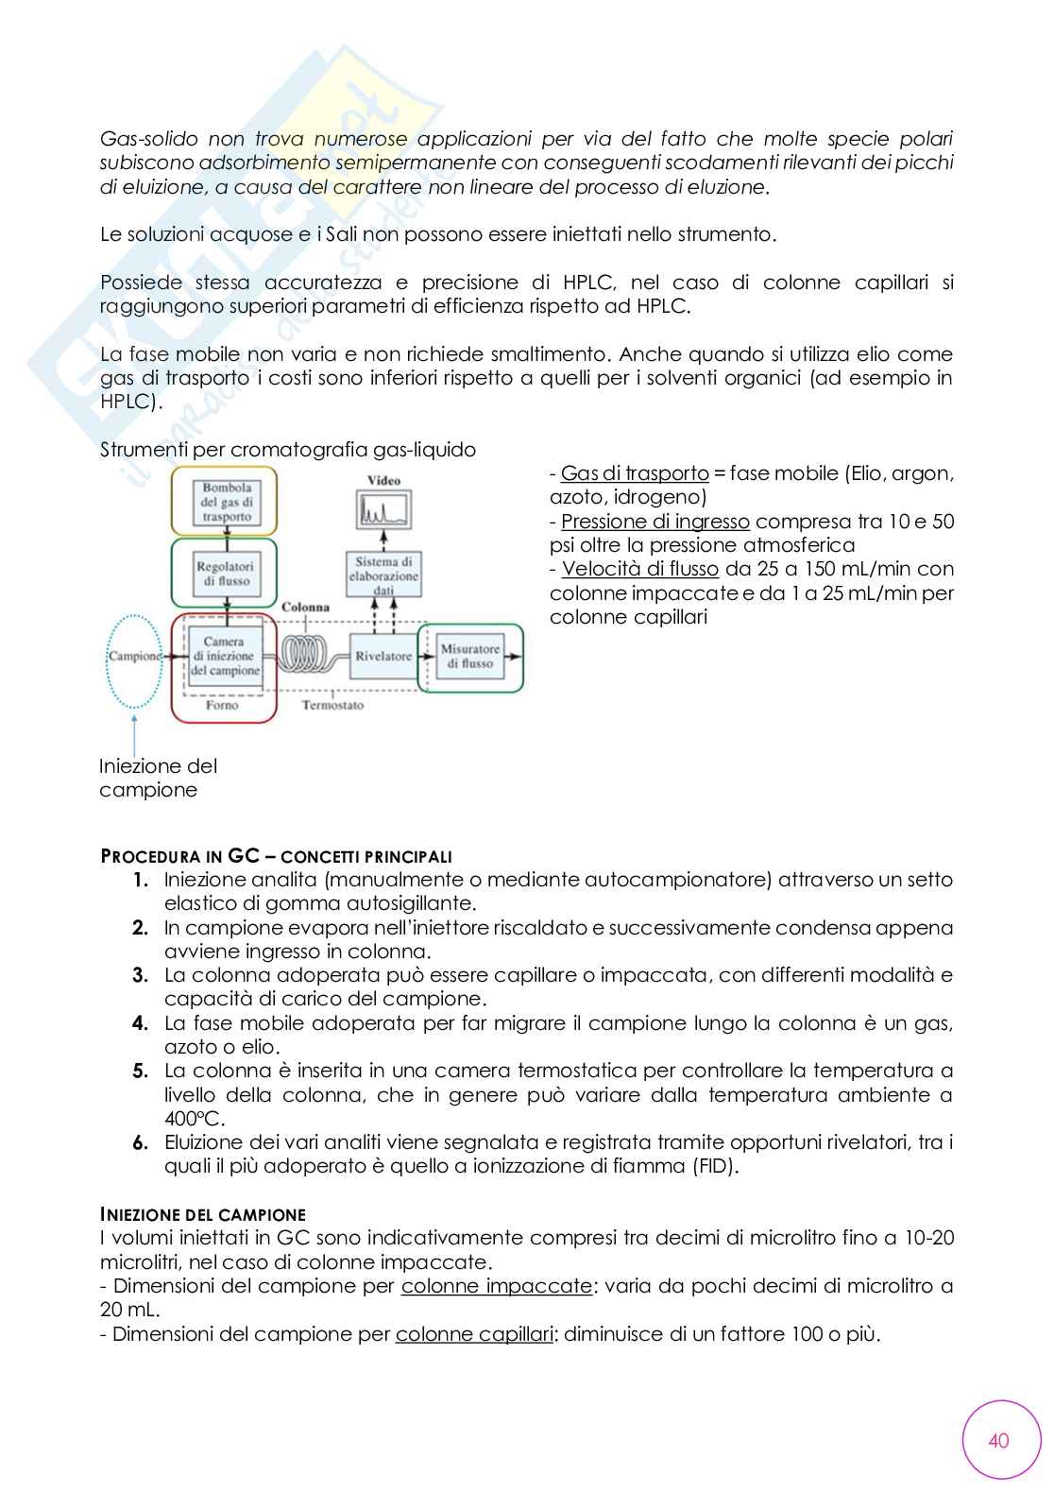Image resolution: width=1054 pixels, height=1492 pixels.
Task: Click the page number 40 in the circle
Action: (998, 1439)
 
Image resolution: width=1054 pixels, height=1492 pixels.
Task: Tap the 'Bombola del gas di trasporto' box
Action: (227, 503)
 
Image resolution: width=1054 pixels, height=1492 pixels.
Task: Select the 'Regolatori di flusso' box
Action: (224, 574)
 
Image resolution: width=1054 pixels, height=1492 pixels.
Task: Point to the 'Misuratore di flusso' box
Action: (469, 656)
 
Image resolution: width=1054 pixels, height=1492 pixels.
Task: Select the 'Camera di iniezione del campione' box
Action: (224, 656)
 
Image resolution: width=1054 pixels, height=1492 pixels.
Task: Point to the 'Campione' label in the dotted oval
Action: (135, 656)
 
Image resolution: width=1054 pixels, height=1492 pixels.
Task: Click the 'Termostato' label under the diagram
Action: (332, 705)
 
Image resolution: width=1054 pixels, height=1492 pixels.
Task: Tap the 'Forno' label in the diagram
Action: (222, 705)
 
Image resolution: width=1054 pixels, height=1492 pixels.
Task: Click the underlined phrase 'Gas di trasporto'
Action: (635, 473)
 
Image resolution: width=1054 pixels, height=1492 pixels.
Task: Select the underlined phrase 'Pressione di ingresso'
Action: (655, 522)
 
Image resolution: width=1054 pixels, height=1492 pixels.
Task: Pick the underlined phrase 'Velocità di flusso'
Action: (640, 569)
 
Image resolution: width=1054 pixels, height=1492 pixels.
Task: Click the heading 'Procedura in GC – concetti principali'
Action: (276, 856)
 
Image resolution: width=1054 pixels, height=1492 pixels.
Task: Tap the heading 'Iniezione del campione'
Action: (202, 1214)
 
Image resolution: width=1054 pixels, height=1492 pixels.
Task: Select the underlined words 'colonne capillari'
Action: (473, 1334)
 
